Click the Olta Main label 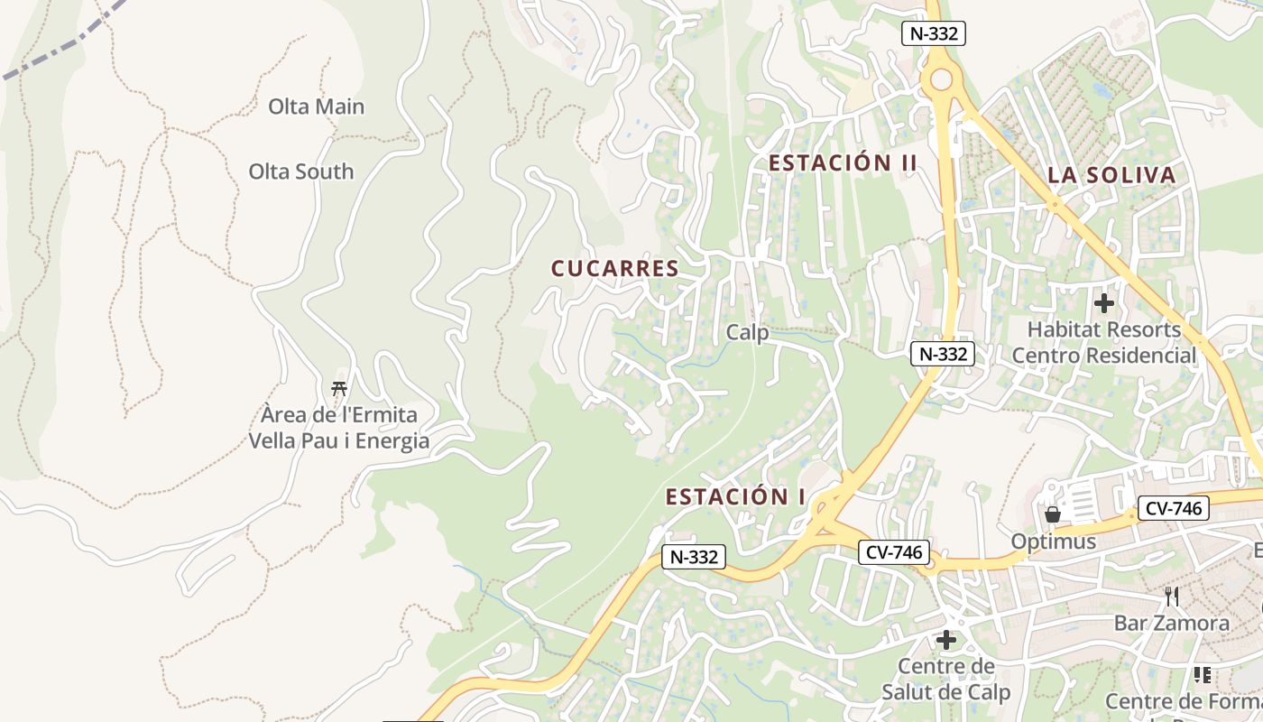coord(317,106)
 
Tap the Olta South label coord(301,171)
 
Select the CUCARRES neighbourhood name coord(614,269)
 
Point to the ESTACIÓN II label coord(843,163)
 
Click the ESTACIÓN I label coord(735,497)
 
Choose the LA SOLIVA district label coord(1112,175)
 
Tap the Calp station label coord(748,333)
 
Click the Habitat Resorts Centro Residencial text coord(1103,343)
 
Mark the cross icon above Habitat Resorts coord(1103,303)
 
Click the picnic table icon coord(339,389)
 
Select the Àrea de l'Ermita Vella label coord(339,429)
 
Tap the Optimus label coord(1053,541)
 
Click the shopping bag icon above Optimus coord(1052,514)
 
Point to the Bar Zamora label coord(1171,624)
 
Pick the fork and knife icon coord(1171,597)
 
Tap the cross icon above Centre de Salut coord(945,641)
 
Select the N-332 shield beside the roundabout coord(934,34)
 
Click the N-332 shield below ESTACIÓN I coord(694,557)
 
